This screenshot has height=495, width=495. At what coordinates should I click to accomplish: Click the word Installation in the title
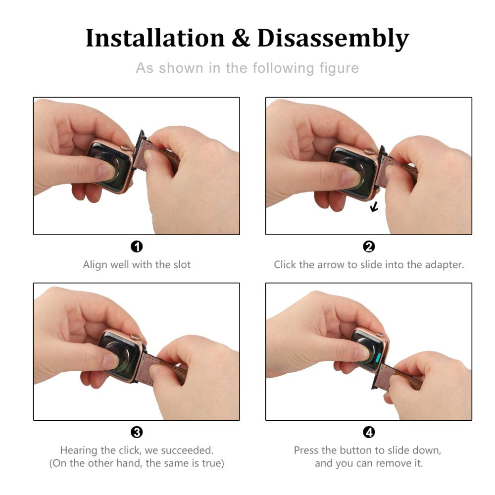[x=155, y=38]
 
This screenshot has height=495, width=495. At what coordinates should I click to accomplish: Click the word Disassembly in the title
[x=333, y=39]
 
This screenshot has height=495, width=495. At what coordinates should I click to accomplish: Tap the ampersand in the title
[x=241, y=38]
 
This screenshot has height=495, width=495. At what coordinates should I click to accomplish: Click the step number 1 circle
[x=137, y=247]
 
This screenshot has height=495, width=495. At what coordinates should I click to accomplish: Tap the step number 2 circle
[x=369, y=247]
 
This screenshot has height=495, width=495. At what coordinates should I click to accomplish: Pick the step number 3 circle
[x=137, y=432]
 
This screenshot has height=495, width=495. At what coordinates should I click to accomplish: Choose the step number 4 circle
[x=369, y=432]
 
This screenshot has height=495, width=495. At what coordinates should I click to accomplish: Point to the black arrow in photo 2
[x=374, y=207]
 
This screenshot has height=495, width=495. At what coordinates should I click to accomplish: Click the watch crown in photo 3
[x=136, y=337]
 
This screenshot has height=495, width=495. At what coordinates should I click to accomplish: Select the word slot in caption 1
[x=182, y=264]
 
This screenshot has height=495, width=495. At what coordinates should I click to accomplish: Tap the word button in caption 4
[x=357, y=450]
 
